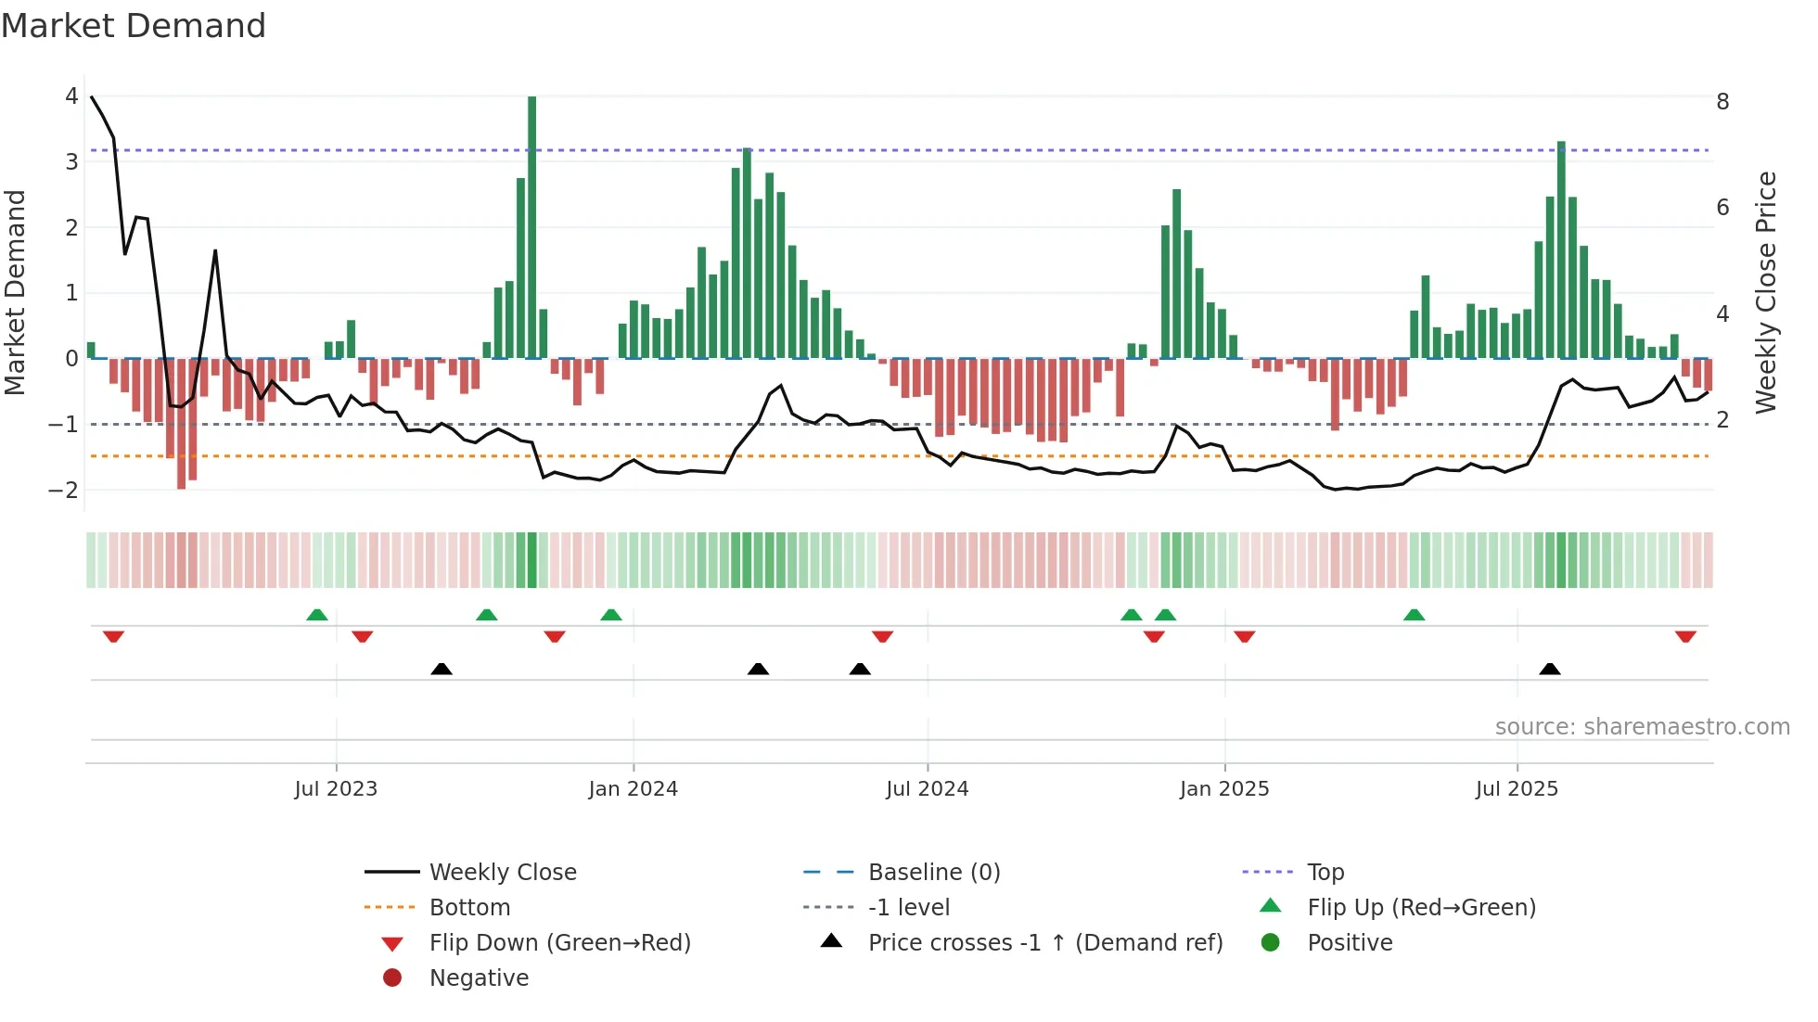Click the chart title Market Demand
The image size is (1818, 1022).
point(134,26)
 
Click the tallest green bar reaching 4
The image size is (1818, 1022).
point(531,227)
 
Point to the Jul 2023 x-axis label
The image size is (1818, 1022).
point(336,789)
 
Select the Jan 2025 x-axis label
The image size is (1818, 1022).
point(1224,789)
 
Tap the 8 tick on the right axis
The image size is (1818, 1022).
point(1722,102)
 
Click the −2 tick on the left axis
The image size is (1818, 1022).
point(64,490)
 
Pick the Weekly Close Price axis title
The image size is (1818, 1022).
point(1766,292)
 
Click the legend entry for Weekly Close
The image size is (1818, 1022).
point(502,873)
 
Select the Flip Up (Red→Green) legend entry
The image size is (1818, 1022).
point(1421,908)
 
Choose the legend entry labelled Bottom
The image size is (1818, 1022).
point(469,908)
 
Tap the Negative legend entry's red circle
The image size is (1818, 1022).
point(392,978)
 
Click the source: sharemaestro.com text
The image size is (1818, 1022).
point(1642,727)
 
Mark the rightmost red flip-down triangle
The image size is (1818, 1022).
point(1685,636)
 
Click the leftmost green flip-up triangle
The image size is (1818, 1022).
point(317,615)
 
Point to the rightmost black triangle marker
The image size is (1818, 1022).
point(1550,669)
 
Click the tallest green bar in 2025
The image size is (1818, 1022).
point(1561,250)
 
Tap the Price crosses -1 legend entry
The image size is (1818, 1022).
point(1045,943)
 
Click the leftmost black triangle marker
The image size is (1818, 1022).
point(442,669)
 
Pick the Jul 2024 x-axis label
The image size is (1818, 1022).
point(928,789)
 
